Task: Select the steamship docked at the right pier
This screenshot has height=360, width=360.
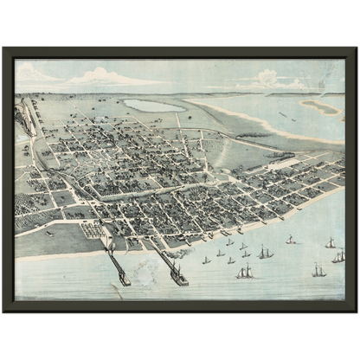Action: [178, 276]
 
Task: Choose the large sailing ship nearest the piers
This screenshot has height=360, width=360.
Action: [245, 272]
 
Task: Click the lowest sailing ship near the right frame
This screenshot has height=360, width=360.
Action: [318, 271]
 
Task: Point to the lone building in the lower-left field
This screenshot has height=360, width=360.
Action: [49, 233]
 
